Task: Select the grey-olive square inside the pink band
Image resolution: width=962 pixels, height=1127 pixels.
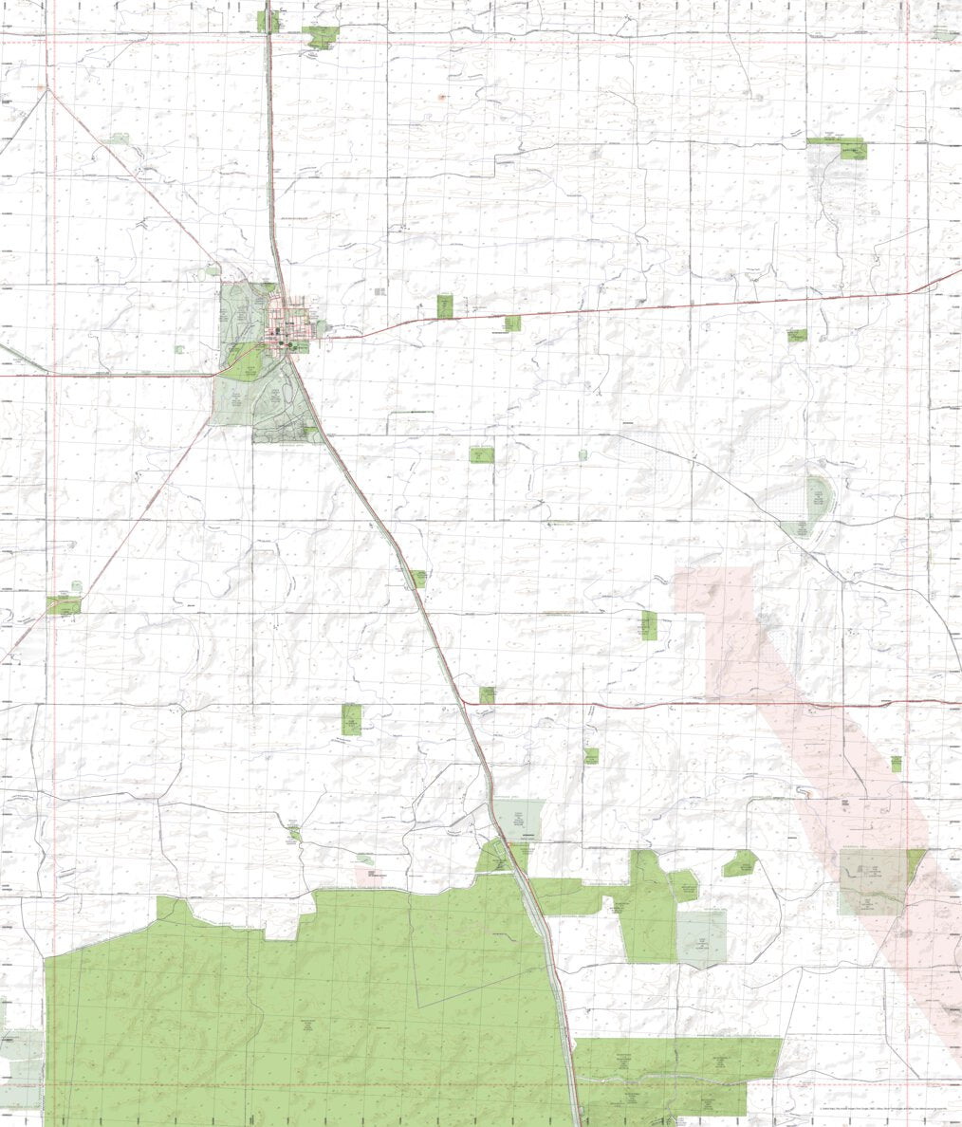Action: point(871,881)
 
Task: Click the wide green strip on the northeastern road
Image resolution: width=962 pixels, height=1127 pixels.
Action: point(836,146)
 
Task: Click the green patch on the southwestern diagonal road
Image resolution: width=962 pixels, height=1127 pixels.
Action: point(64,604)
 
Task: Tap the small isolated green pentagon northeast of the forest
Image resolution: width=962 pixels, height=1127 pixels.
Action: point(740,863)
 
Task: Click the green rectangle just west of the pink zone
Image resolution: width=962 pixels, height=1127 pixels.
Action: point(648,625)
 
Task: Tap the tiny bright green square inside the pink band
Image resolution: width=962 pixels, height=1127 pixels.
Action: point(896,763)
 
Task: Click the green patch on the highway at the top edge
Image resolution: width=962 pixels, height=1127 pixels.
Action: point(269,21)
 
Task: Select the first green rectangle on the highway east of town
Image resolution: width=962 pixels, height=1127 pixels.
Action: point(445,306)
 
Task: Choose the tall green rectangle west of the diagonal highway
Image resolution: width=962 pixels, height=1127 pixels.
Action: point(351,719)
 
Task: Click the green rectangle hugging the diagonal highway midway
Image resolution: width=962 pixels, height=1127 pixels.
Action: point(418,579)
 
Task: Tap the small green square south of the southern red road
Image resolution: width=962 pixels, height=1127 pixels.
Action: point(591,756)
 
